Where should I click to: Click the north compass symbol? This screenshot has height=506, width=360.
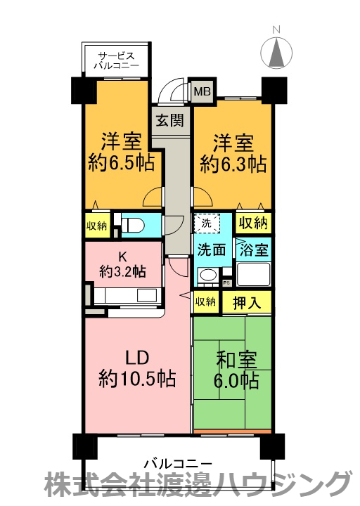pyautogui.click(x=276, y=51)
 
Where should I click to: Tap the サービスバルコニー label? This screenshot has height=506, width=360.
pyautogui.click(x=117, y=60)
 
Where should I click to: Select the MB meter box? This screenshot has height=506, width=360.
pyautogui.click(x=202, y=91)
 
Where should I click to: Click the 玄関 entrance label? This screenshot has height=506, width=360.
pyautogui.click(x=169, y=120)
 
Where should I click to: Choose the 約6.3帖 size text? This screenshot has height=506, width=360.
pyautogui.click(x=233, y=164)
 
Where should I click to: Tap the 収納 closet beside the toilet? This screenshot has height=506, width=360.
pyautogui.click(x=97, y=226)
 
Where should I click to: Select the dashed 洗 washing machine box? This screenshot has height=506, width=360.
pyautogui.click(x=207, y=223)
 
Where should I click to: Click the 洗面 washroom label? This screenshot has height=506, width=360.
pyautogui.click(x=210, y=249)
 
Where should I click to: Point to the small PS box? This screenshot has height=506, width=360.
pyautogui.click(x=226, y=282)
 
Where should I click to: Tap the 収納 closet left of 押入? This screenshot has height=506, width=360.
pyautogui.click(x=205, y=302)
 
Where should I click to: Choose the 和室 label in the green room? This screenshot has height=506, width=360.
pyautogui.click(x=232, y=360)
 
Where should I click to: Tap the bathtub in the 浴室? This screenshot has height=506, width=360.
pyautogui.click(x=253, y=274)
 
